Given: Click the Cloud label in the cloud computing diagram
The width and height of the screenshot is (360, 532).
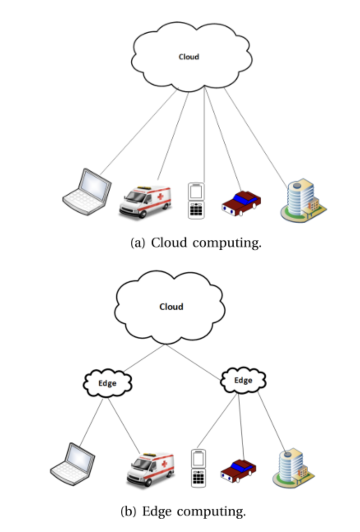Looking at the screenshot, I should pos(189,57).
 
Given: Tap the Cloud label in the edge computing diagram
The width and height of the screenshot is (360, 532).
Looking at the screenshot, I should pos(171,307).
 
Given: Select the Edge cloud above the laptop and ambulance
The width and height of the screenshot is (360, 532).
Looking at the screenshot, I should pos(108,383).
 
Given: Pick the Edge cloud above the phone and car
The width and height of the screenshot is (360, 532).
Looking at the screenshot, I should pos(243,380).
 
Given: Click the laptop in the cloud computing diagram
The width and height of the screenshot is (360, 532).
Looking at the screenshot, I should pos(87,192).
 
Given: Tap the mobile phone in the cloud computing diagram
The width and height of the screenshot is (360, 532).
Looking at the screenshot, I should pos(196,201).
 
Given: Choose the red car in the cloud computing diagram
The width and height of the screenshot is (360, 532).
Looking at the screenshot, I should pos(241,203).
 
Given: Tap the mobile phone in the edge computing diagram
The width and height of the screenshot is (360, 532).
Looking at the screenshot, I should pos(198,468).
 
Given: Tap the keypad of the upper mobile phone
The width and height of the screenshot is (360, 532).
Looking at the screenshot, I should pos(196,210).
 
